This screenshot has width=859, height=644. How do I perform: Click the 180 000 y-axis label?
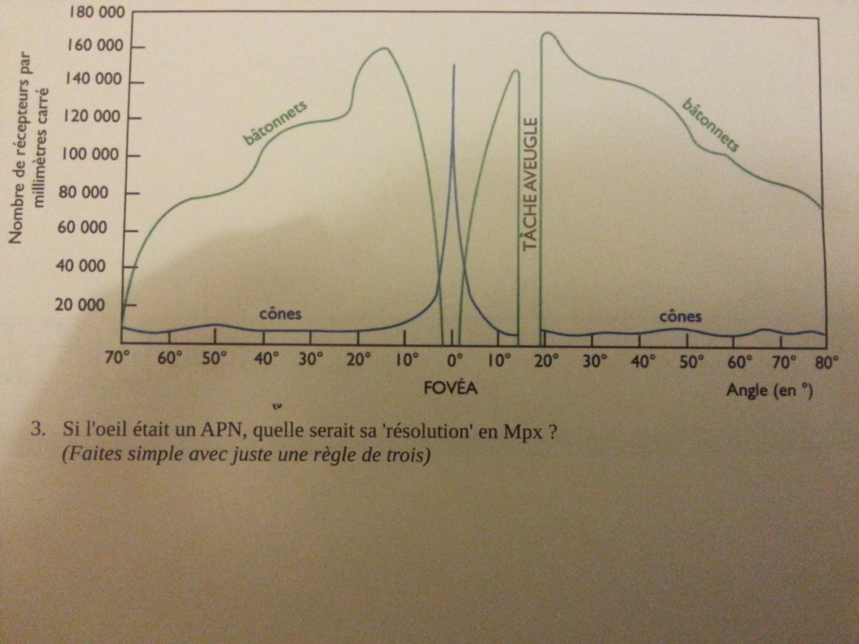coord(97,12)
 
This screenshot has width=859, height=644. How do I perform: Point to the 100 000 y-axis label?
coord(90,154)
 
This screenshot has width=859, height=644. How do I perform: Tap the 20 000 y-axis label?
coord(80,305)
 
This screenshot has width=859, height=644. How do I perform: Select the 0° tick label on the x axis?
coord(455,361)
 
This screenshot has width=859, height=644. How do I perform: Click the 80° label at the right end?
coord(827,363)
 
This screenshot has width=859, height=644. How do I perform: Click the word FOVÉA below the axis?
coord(450,388)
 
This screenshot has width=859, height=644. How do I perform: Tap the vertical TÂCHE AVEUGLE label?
coord(530,184)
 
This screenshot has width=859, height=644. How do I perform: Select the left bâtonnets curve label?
coord(275,123)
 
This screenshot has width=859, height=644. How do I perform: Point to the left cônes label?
coord(280,314)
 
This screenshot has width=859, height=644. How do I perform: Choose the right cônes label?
coord(680,317)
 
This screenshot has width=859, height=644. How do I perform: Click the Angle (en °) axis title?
coord(769,390)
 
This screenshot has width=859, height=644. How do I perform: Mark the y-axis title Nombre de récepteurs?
coord(15,148)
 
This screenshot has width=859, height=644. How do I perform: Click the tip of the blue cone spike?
coord(454,66)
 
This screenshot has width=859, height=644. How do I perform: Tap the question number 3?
coord(38,429)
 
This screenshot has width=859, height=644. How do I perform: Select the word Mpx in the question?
coord(523,431)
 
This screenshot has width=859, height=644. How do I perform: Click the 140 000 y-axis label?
coord(93,79)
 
